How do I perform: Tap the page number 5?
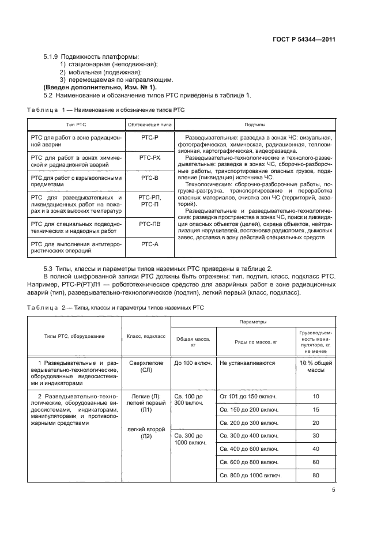334,490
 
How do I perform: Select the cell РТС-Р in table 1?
149,138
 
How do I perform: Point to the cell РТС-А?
149,245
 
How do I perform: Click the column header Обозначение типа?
149,125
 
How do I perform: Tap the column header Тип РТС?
76,125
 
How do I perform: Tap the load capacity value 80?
315,476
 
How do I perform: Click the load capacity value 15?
315,409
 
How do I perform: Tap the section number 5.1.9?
52,56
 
